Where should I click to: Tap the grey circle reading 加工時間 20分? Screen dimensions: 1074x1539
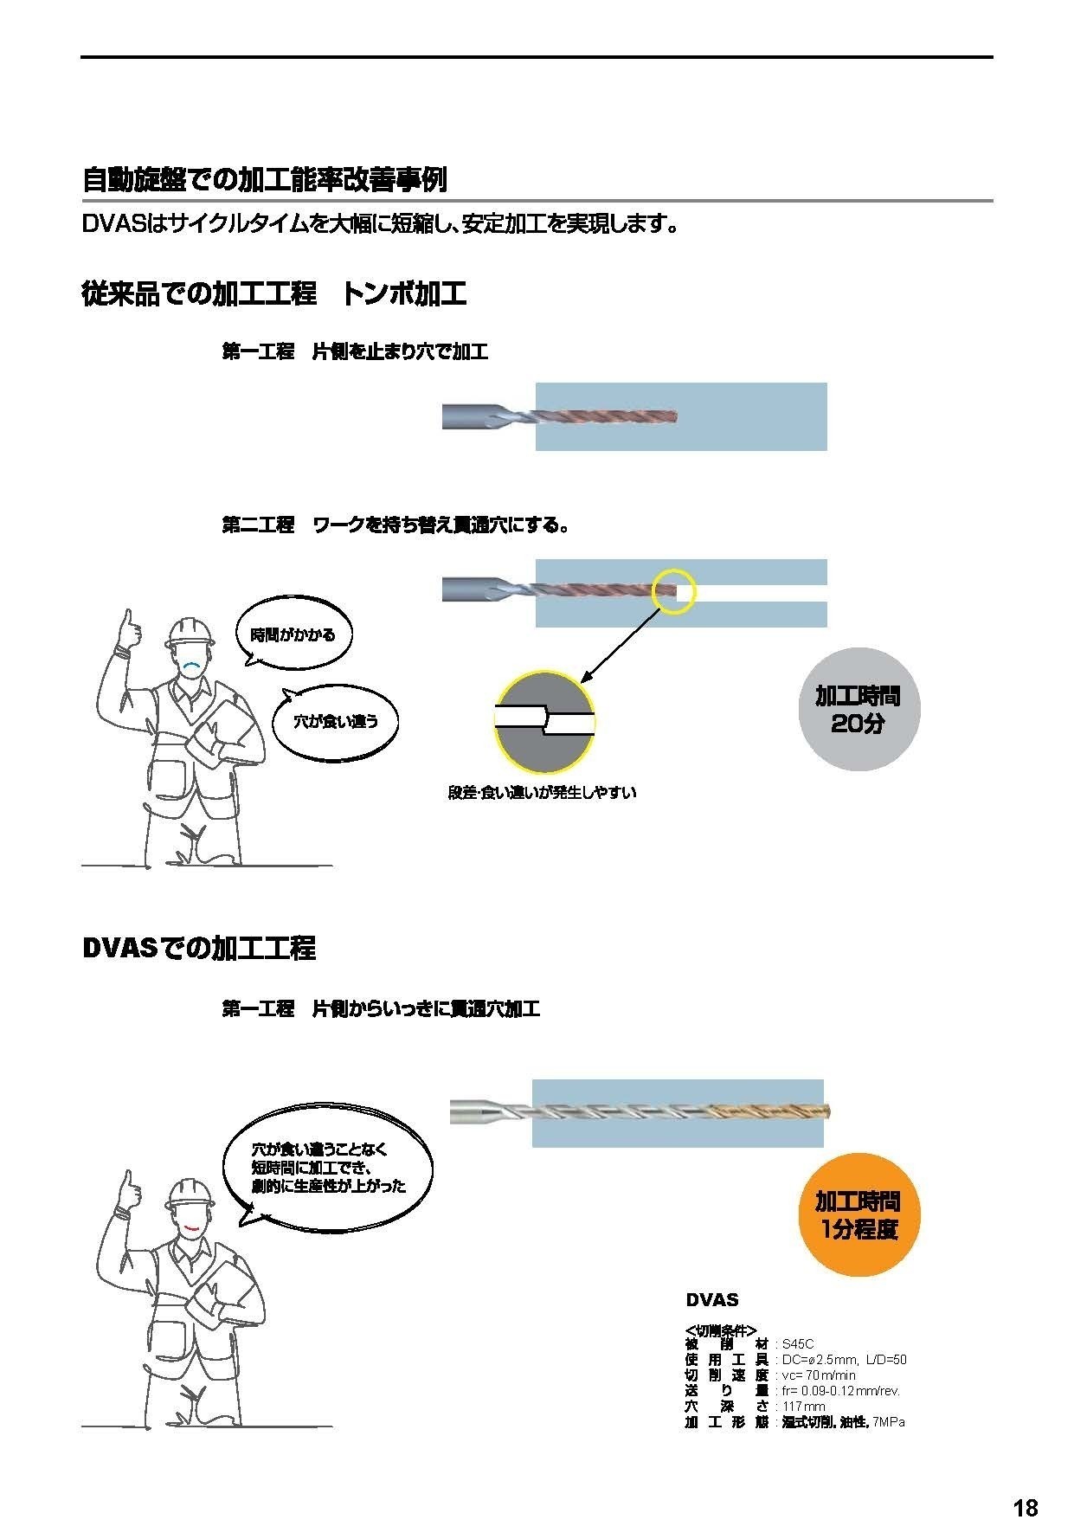tap(859, 709)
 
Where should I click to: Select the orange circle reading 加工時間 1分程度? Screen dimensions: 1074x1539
tap(858, 1215)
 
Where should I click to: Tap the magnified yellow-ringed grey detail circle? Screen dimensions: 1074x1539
tap(545, 721)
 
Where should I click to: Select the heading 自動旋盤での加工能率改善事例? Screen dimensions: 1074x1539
tap(265, 180)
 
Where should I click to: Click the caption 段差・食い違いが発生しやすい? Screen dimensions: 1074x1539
tap(542, 792)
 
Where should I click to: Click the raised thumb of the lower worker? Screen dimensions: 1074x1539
tap(130, 1184)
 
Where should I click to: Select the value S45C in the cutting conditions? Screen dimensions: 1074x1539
tap(798, 1344)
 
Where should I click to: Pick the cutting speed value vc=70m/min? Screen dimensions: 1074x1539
tap(819, 1375)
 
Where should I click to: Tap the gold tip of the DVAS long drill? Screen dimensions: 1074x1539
tap(823, 1112)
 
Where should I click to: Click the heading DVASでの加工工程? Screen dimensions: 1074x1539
tap(199, 948)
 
